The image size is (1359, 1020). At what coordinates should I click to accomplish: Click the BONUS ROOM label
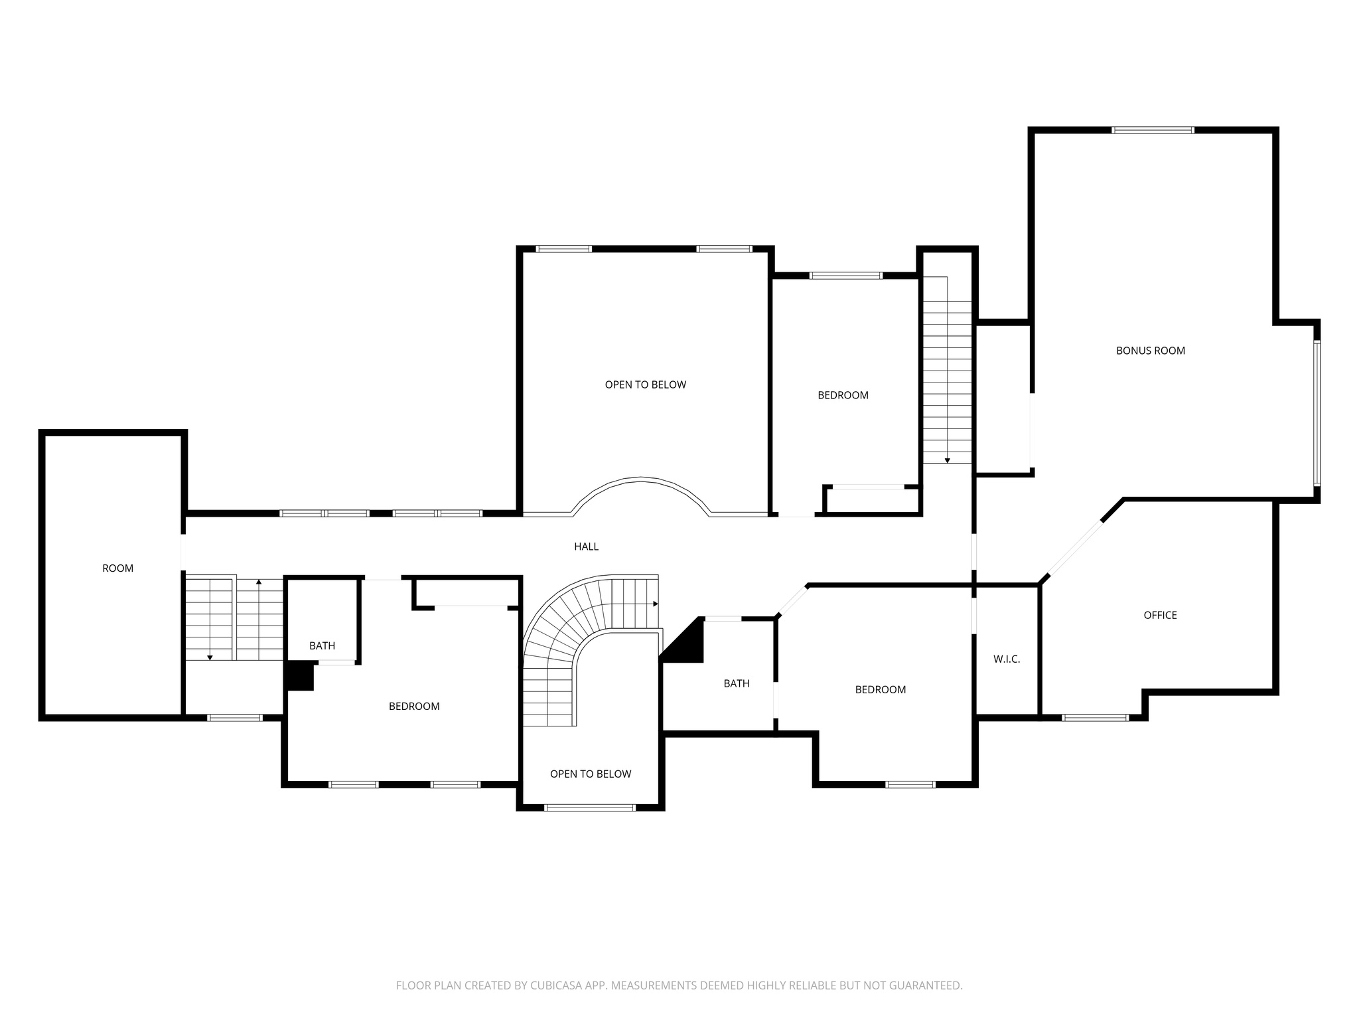coord(1150,351)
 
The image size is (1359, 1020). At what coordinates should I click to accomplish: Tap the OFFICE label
coord(1160,615)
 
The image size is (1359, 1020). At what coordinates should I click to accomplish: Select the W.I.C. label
coord(1006,659)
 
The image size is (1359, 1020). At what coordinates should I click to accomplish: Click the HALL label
coord(586,547)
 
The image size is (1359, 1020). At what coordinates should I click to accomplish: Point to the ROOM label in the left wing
coord(117,568)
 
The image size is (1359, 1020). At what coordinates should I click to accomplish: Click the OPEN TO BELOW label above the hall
coord(645,384)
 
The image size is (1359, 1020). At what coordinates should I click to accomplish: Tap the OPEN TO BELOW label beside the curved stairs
coord(590,774)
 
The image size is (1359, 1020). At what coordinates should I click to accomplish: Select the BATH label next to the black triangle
coord(736,683)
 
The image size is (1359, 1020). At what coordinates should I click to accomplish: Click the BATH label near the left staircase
coord(322,645)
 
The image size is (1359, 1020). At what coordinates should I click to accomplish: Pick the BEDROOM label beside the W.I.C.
coord(880,689)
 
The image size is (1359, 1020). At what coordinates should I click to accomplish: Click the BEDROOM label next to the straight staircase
coord(843,395)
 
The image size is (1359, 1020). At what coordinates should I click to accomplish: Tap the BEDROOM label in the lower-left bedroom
coord(414,706)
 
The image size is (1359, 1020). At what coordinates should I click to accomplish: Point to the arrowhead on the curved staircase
coord(656,604)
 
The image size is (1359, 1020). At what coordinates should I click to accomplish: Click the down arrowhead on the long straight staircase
coord(947,460)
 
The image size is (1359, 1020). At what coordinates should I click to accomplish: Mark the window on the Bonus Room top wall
coord(1153,130)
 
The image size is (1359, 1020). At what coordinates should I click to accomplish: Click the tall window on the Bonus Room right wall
coord(1317,413)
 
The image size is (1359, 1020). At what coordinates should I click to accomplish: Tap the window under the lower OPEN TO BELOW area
coord(589,807)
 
